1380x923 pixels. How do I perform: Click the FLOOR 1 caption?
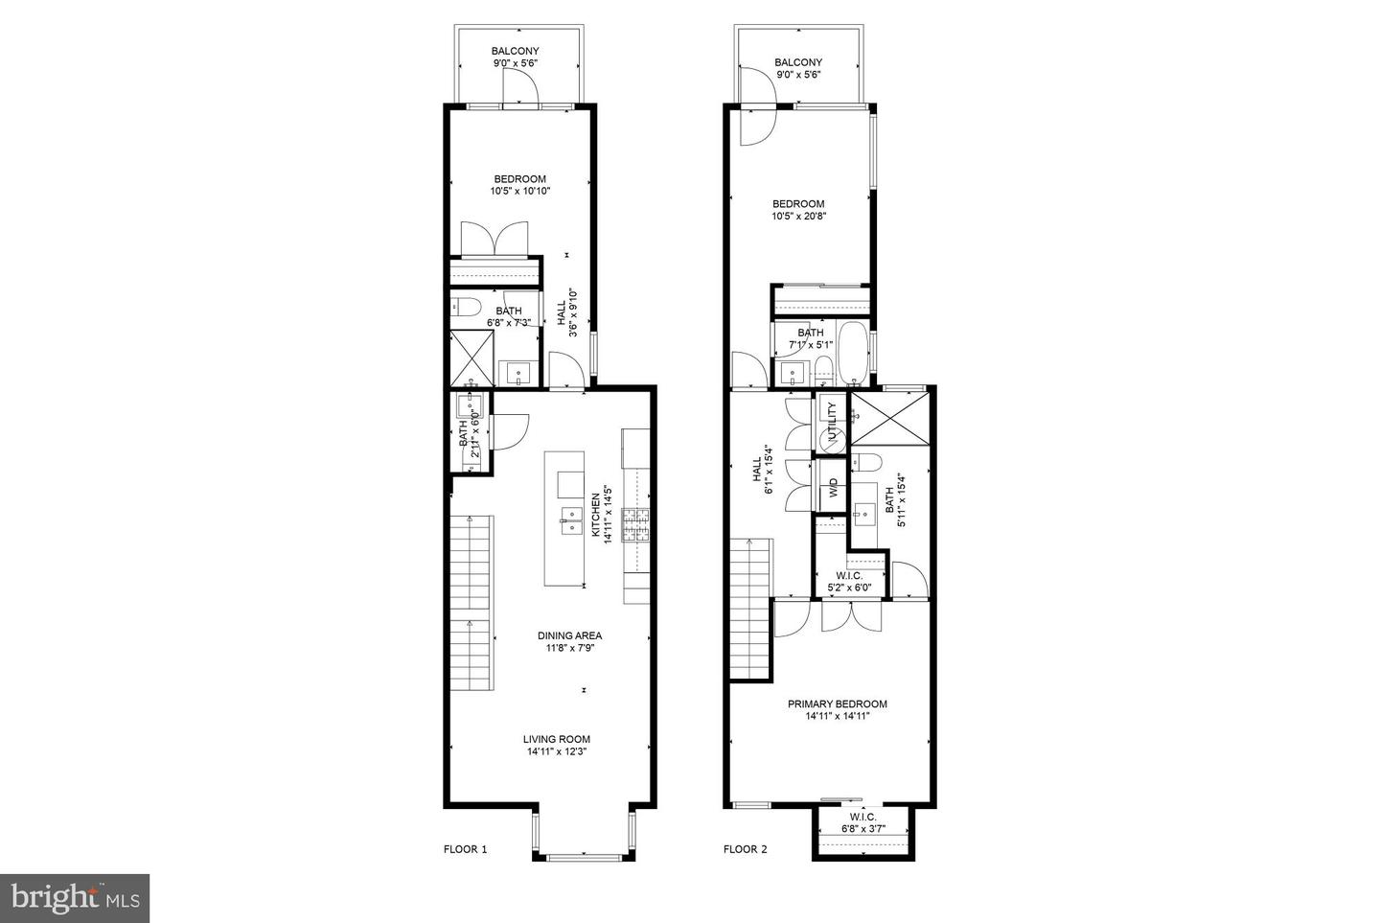pos(465,849)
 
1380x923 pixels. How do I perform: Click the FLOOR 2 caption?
pos(745,849)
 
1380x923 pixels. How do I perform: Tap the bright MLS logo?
pos(74,898)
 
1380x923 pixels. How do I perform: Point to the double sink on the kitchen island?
pos(570,520)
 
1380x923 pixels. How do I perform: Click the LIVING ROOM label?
pos(556,739)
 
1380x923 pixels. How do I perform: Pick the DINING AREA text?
pos(569,635)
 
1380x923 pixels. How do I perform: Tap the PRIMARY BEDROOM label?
pos(837,704)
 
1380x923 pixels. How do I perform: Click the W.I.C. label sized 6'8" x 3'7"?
pos(862,817)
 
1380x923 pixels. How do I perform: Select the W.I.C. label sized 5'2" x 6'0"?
pos(849,576)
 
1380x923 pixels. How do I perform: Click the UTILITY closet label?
pos(832,421)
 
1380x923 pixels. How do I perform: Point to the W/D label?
pos(832,486)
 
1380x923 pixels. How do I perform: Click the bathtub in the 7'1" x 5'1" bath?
pos(851,355)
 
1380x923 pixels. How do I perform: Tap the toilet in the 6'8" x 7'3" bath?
pos(467,308)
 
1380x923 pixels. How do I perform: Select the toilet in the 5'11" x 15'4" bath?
pos(867,463)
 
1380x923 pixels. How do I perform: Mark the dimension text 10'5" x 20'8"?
pos(798,217)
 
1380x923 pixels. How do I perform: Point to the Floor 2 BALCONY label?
pos(798,62)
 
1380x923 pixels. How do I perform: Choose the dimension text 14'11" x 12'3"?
pos(556,752)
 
